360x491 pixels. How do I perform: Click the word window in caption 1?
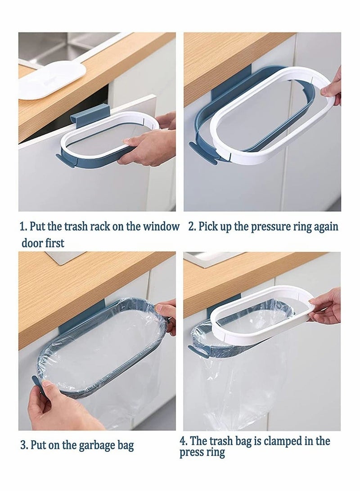point(161,226)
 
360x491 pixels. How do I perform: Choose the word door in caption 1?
point(31,243)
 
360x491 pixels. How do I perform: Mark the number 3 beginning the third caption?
point(23,446)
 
